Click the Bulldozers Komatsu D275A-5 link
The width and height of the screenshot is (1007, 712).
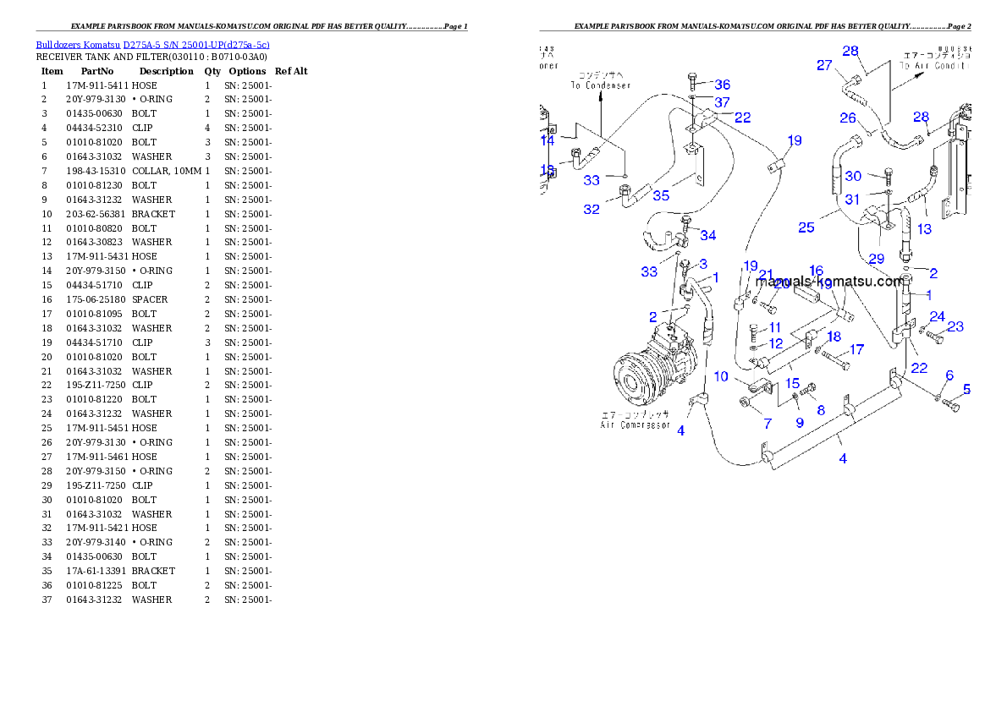[152, 45]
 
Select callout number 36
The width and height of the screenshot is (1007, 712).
[722, 85]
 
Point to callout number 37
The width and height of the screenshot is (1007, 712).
[722, 102]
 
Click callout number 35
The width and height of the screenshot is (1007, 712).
[661, 195]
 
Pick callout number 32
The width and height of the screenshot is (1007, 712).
[591, 209]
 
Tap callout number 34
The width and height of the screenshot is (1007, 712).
[707, 235]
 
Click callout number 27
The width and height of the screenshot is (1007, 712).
[824, 65]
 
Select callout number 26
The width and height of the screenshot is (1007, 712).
[848, 118]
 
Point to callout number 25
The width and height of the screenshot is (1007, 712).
[806, 227]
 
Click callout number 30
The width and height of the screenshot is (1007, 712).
[853, 176]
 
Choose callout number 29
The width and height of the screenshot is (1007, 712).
[876, 258]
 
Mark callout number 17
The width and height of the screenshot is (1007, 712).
[856, 349]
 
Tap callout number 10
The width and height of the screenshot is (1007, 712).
[721, 376]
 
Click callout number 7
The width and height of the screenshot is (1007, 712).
[768, 423]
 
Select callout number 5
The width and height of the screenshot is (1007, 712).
[966, 390]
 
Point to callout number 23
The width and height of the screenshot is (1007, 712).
[955, 326]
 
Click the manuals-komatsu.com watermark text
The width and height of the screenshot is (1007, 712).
[829, 282]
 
